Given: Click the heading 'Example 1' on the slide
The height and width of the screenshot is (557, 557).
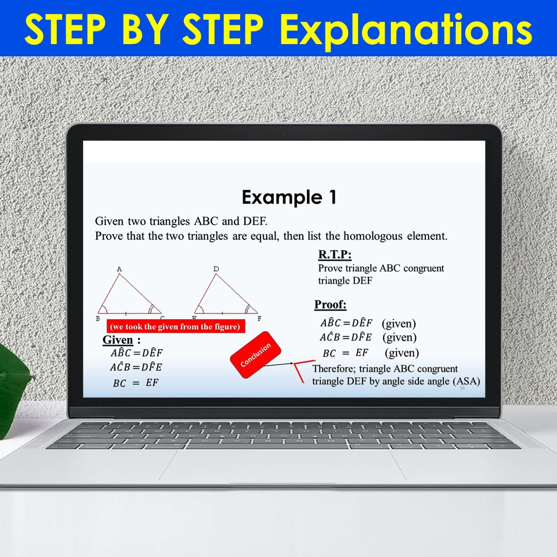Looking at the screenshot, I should [289, 198].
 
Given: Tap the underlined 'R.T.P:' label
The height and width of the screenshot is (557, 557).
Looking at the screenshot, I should [335, 255].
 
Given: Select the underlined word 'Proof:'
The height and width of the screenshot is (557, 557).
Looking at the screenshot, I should [330, 305].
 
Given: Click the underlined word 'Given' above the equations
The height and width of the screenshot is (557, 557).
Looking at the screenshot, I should [118, 339].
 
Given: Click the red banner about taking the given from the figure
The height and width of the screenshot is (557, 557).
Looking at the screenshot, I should [175, 327].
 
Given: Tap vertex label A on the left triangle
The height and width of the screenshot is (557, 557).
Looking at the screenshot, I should [119, 269].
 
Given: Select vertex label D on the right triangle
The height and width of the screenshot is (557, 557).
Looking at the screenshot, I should [216, 269].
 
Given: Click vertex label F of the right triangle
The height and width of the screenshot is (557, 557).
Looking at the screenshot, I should [259, 319].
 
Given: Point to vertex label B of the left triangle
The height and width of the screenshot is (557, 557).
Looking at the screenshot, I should [98, 319].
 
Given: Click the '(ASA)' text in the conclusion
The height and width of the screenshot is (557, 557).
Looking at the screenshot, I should [468, 381].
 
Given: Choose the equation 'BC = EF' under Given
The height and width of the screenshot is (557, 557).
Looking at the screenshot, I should [136, 382].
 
